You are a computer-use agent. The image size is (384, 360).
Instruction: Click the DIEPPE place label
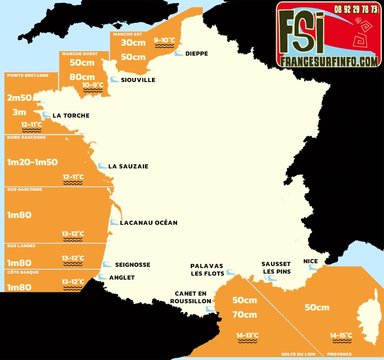tap(196, 54)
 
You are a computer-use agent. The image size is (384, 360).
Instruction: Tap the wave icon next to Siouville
tap(114, 80)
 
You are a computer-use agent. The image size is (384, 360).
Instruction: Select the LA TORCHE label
tap(71, 116)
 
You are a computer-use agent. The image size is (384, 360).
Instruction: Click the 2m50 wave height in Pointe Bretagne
tap(19, 98)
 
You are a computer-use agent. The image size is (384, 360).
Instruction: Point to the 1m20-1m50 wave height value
tap(32, 162)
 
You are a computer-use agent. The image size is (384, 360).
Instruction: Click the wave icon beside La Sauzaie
tap(102, 166)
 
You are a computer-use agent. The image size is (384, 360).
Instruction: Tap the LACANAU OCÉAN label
tap(148, 223)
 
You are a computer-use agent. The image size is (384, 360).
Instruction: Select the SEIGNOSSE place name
tap(132, 265)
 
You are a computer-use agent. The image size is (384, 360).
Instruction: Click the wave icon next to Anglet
tap(103, 277)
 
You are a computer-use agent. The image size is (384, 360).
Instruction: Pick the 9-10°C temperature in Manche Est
tap(164, 40)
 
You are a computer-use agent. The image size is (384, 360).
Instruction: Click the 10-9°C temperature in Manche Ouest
tap(93, 85)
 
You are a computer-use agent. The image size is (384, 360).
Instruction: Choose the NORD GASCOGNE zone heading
tap(26, 138)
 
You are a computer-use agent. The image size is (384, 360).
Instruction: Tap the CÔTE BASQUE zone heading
tap(22, 272)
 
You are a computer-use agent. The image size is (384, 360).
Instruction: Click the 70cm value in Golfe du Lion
tap(245, 315)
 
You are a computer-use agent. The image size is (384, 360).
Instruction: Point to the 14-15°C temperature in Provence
tap(341, 335)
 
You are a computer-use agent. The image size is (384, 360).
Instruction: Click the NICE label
tap(310, 261)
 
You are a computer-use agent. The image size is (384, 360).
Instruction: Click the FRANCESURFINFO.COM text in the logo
tap(329, 61)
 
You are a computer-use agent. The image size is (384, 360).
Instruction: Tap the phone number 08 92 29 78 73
tap(356, 9)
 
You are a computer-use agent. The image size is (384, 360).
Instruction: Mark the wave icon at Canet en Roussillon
tap(209, 309)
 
